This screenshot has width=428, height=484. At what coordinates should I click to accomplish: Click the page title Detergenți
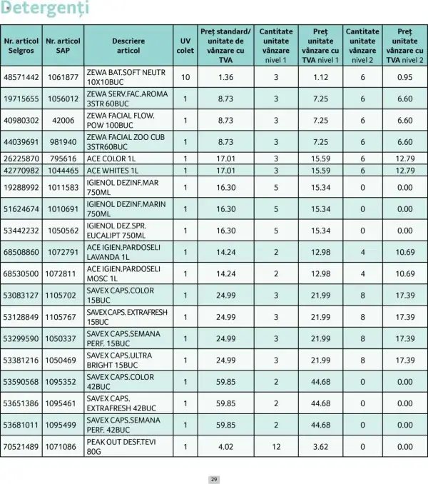tap(44, 9)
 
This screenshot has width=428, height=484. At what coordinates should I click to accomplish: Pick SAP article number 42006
tap(63, 121)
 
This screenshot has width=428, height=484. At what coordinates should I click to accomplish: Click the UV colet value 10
tap(185, 77)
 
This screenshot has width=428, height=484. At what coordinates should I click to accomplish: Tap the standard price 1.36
tap(225, 77)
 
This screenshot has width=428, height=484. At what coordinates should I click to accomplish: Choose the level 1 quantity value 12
tap(276, 447)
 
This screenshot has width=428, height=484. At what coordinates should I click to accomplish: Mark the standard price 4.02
tap(225, 447)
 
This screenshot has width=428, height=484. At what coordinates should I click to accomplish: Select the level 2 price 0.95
tap(404, 77)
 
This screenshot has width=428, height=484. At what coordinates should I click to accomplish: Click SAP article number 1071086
tap(63, 447)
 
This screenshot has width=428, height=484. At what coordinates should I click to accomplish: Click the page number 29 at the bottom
tap(213, 478)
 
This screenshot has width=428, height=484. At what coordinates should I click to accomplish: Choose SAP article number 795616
tap(63, 158)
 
